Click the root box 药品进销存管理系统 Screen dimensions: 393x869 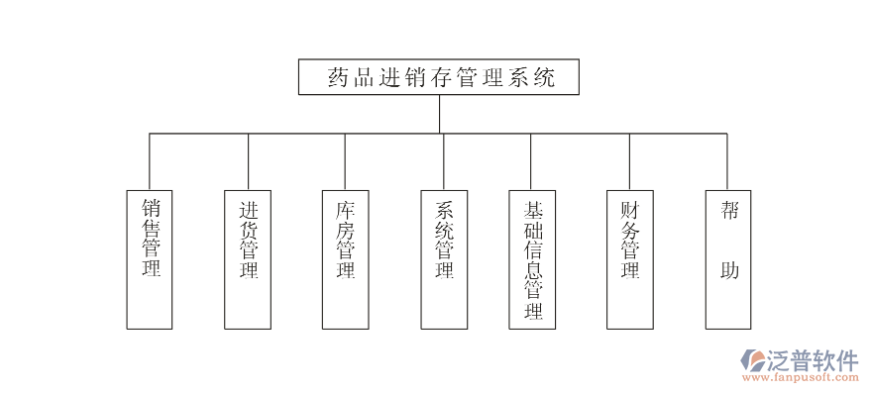click(438, 77)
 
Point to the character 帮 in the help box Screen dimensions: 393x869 click(728, 211)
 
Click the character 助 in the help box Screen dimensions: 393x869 click(728, 269)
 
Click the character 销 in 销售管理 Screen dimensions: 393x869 click(151, 209)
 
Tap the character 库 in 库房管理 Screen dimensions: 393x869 click(345, 210)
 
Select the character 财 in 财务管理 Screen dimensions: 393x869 click(630, 210)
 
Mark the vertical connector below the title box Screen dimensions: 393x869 click(439, 114)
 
